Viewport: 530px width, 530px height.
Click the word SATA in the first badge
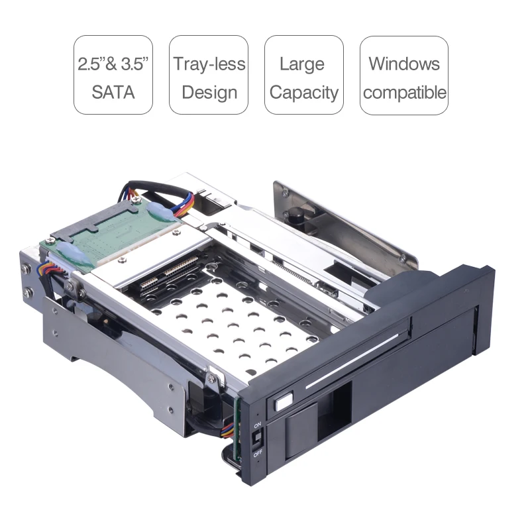tap(113, 91)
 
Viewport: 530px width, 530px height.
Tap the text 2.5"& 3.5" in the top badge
tap(113, 64)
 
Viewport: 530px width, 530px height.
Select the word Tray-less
tap(209, 64)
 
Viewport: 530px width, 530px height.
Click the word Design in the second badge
tap(209, 91)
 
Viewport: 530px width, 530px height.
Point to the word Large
tap(302, 64)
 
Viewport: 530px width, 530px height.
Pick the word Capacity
tap(304, 92)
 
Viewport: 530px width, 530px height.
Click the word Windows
tap(404, 64)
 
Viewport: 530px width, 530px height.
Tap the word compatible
tap(404, 92)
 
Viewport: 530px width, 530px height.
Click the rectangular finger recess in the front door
tap(334, 414)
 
